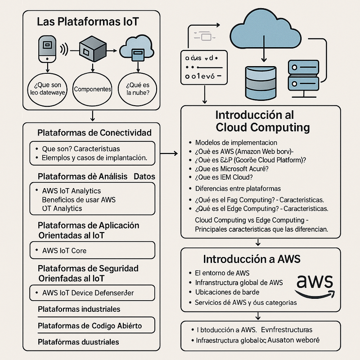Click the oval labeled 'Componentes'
pyautogui.click(x=92, y=90)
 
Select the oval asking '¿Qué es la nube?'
pyautogui.click(x=135, y=89)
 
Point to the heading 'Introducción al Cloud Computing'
pyautogui.click(x=263, y=121)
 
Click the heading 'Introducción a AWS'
pyautogui.click(x=252, y=259)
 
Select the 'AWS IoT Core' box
pyautogui.click(x=92, y=250)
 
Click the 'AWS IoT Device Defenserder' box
pyautogui.click(x=92, y=293)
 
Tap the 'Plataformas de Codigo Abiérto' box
pyautogui.click(x=92, y=325)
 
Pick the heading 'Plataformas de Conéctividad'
pyautogui.click(x=94, y=133)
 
